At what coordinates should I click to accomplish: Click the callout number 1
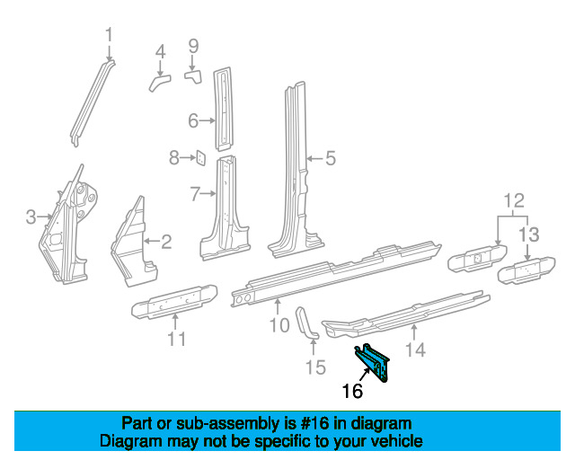point(110,35)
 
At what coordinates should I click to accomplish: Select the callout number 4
point(160,52)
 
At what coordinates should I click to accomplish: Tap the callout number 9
point(192,45)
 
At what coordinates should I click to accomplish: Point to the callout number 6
point(193,120)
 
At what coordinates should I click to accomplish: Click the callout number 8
point(174,158)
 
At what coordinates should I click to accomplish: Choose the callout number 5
point(330,159)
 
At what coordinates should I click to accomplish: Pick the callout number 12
point(512,199)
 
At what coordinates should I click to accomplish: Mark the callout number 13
point(528,234)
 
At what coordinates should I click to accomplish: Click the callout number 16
point(352,391)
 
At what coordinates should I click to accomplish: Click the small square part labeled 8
point(201,159)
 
